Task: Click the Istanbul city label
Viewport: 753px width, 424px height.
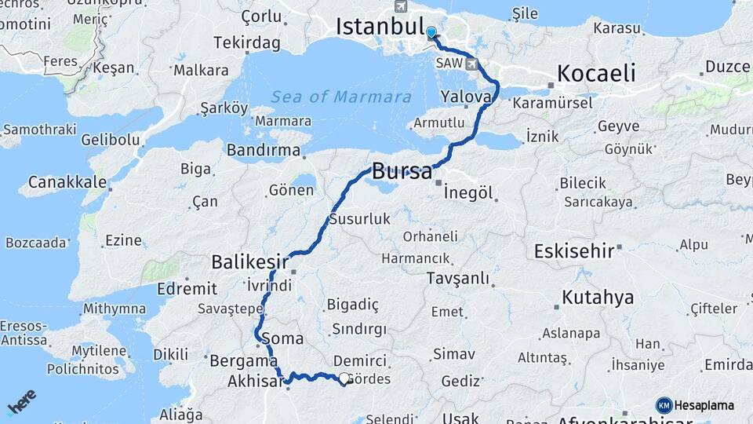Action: tap(380, 26)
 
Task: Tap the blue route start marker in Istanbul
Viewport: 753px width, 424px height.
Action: tap(431, 33)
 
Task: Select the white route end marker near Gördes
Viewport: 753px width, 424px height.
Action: tap(344, 378)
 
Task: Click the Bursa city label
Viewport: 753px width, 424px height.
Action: tap(402, 171)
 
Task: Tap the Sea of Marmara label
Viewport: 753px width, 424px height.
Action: tap(341, 97)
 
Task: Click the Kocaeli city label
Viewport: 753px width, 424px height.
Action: tap(596, 74)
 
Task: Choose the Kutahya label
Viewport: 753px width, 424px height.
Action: tap(598, 298)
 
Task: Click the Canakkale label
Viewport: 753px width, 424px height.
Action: tap(67, 183)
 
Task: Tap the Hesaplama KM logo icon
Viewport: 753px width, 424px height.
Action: tap(664, 405)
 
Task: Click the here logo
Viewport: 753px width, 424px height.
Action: tap(22, 400)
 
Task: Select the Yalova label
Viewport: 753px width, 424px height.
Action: tap(466, 96)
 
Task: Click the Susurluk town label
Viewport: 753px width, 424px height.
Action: tap(359, 219)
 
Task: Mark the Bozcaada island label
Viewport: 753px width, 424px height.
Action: tap(36, 243)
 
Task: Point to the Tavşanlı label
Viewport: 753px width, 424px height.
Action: tap(458, 278)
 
